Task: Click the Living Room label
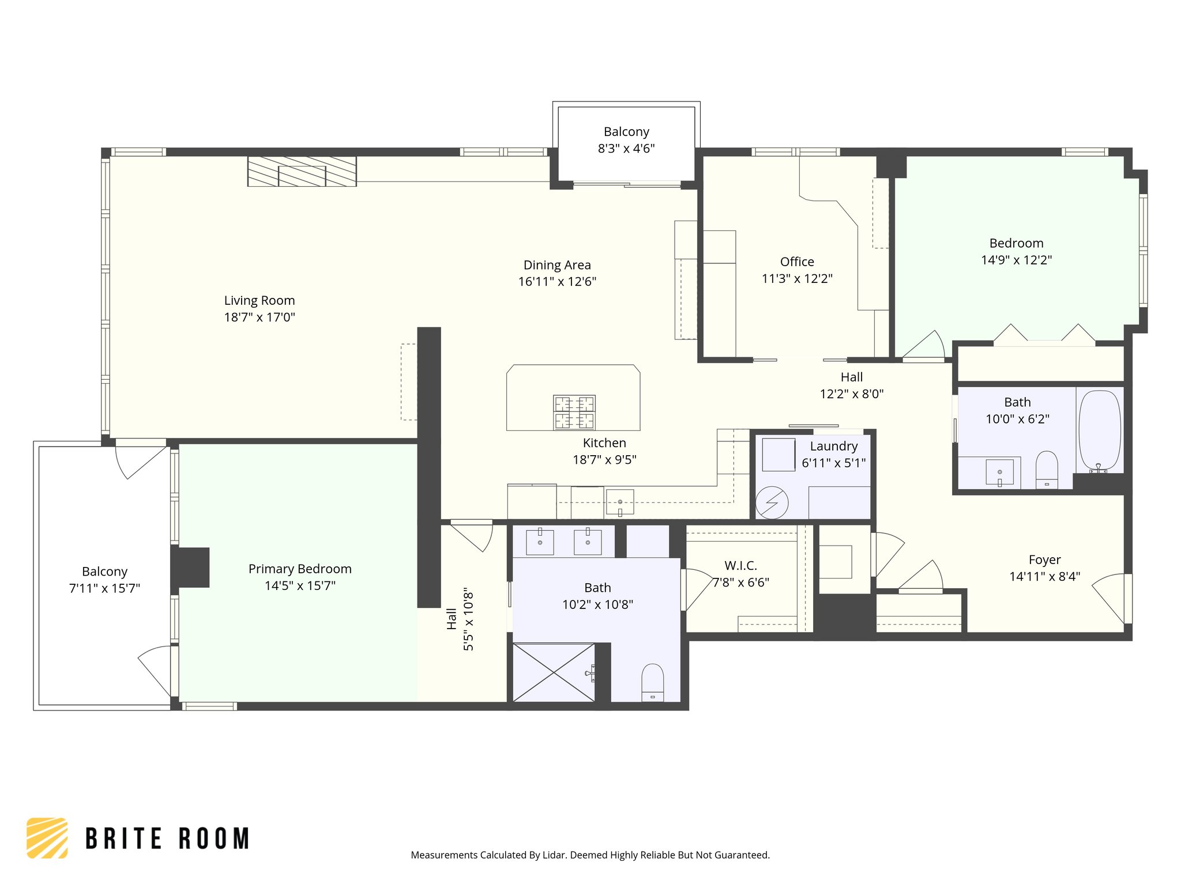click(259, 300)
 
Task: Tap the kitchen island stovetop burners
click(574, 412)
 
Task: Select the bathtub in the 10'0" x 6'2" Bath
click(1100, 429)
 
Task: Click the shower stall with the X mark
click(554, 672)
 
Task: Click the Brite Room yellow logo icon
click(47, 838)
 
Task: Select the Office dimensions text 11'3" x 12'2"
click(797, 279)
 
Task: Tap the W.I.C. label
click(740, 566)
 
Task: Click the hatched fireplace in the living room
click(302, 171)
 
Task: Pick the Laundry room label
click(834, 446)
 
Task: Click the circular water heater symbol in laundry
click(772, 502)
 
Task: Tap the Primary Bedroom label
click(300, 569)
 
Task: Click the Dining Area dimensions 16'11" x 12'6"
click(557, 282)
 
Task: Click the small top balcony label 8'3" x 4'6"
click(626, 149)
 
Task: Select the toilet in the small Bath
click(1047, 468)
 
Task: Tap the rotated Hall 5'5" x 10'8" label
click(460, 619)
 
